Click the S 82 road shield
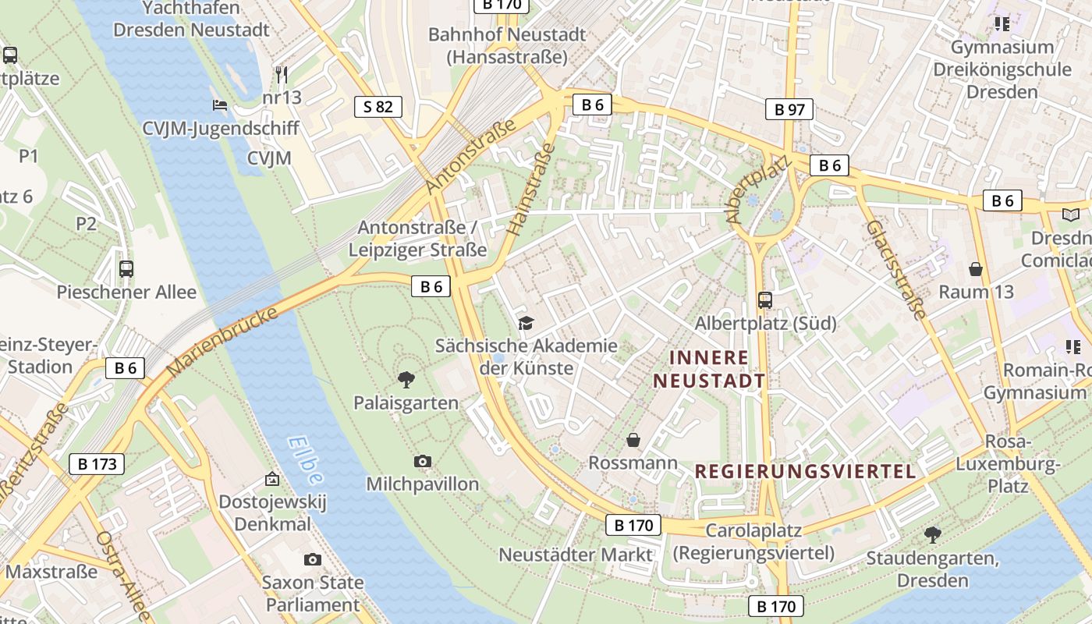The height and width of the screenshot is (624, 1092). (378, 107)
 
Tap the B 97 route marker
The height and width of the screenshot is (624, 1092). (789, 110)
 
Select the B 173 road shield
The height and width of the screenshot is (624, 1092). (97, 465)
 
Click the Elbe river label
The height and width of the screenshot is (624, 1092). (305, 460)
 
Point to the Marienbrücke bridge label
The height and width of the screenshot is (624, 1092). (223, 341)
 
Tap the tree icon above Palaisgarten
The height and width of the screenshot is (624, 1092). (406, 380)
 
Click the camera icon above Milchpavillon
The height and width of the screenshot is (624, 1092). (423, 461)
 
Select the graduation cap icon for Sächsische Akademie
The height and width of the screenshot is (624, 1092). (526, 322)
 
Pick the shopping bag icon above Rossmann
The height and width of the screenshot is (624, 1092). (633, 441)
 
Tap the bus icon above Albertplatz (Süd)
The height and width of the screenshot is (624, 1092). (765, 300)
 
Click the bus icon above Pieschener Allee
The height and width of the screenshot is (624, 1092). (126, 269)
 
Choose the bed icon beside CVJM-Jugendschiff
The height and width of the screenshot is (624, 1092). (220, 105)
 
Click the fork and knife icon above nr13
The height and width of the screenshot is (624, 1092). (282, 75)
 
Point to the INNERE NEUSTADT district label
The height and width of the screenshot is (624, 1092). (709, 370)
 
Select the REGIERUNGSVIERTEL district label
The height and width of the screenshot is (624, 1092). (805, 472)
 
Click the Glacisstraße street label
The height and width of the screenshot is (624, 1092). (896, 270)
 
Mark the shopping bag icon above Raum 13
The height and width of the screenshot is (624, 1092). (975, 270)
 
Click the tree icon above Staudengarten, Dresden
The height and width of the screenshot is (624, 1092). (932, 535)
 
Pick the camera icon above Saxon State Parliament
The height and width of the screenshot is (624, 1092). (312, 559)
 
